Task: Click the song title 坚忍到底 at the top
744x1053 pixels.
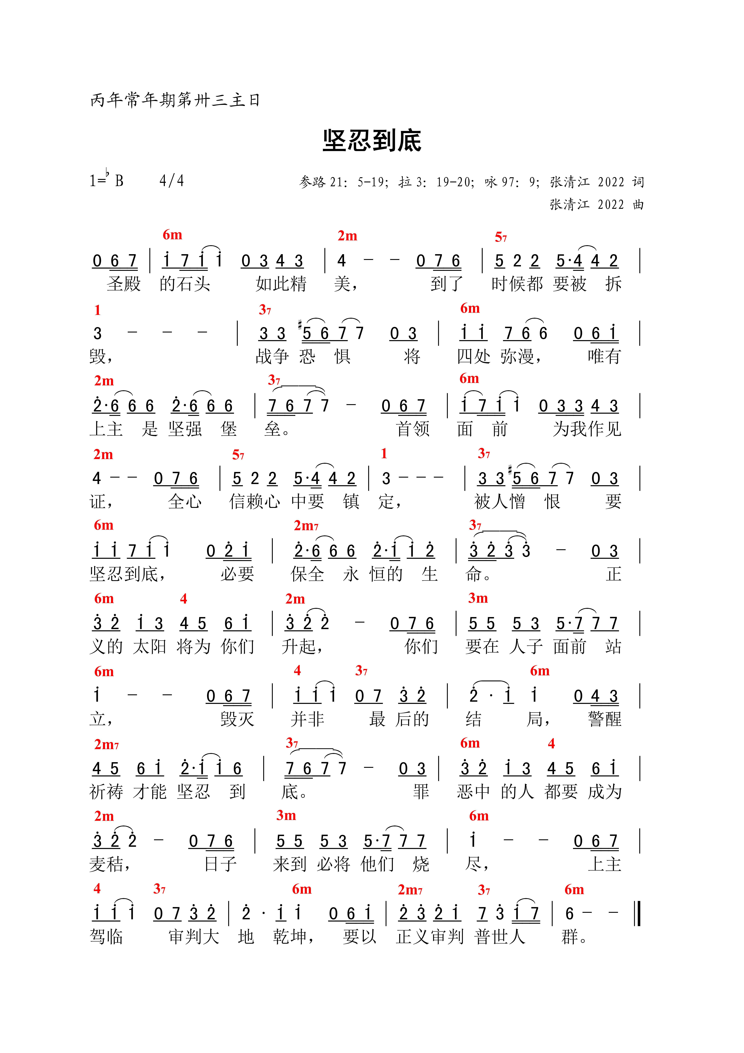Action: click(372, 140)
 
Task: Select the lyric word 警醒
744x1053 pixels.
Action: click(605, 719)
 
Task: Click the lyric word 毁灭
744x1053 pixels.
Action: click(237, 719)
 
